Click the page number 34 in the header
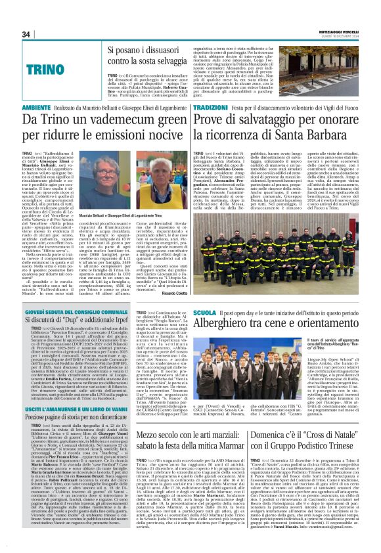click(26, 34)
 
